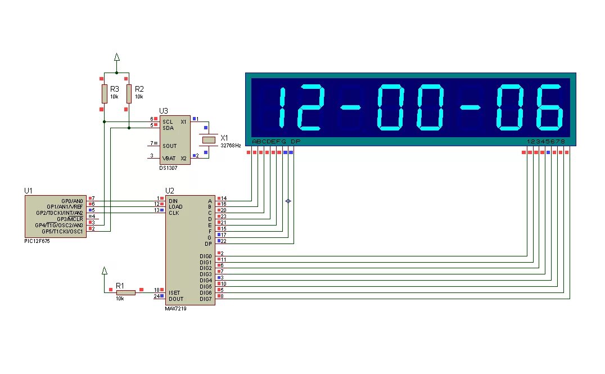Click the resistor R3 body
(x=104, y=93)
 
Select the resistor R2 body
(x=129, y=93)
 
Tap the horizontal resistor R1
(x=126, y=292)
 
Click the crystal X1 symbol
(x=209, y=139)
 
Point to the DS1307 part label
(x=169, y=168)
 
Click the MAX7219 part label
(x=176, y=308)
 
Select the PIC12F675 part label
(x=37, y=241)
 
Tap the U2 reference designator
(x=170, y=191)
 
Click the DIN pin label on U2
(x=173, y=201)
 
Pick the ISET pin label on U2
(x=174, y=292)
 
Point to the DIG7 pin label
(x=205, y=299)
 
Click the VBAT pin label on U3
(x=169, y=158)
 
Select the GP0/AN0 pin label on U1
(x=72, y=201)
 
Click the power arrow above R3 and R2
(x=116, y=56)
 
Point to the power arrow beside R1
(x=104, y=271)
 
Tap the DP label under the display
(x=296, y=142)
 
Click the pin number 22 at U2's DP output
(x=223, y=241)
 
